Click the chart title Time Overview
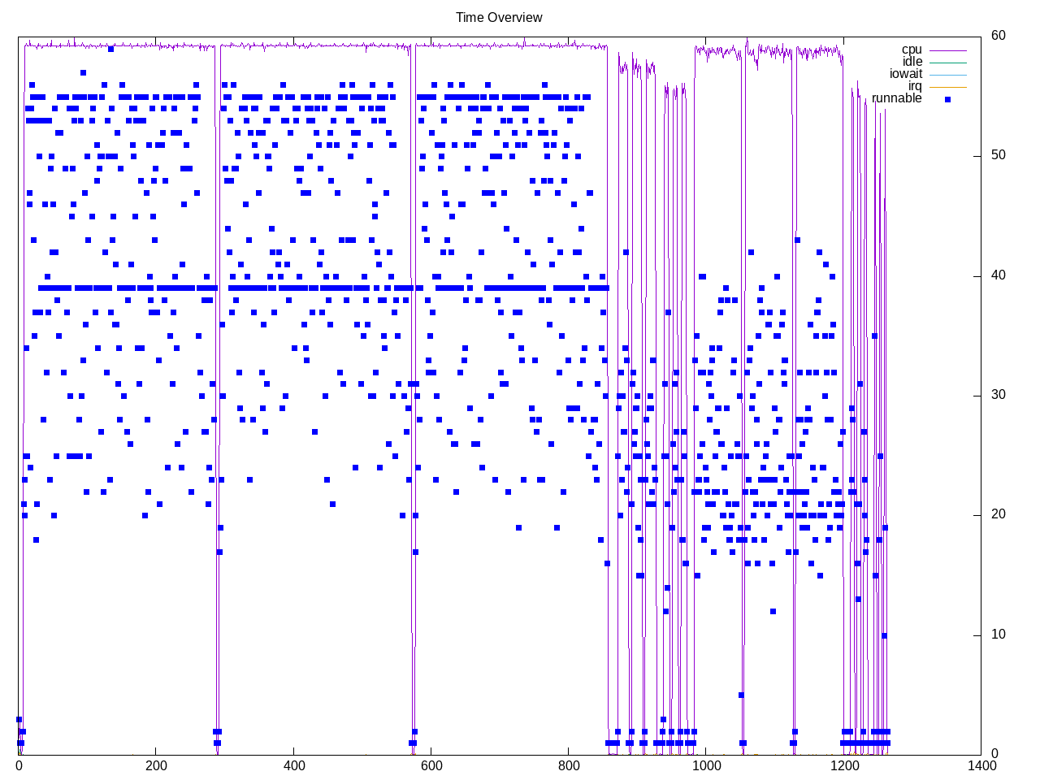(x=499, y=17)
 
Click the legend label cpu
(x=912, y=50)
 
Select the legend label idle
(x=912, y=62)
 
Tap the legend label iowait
(x=905, y=74)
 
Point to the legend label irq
(x=915, y=86)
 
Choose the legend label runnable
(x=896, y=98)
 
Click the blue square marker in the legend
(x=947, y=99)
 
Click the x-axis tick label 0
(x=19, y=765)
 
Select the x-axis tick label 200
(x=156, y=765)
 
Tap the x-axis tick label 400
(x=294, y=765)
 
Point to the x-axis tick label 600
(x=431, y=765)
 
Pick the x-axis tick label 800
(x=569, y=765)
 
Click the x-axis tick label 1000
(x=706, y=765)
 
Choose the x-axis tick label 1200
(x=844, y=765)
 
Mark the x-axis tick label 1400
(x=981, y=765)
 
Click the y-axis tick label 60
(x=998, y=35)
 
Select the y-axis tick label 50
(x=998, y=155)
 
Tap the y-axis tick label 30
(x=998, y=395)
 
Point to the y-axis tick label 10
(x=998, y=635)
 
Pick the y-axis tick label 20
(x=998, y=514)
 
